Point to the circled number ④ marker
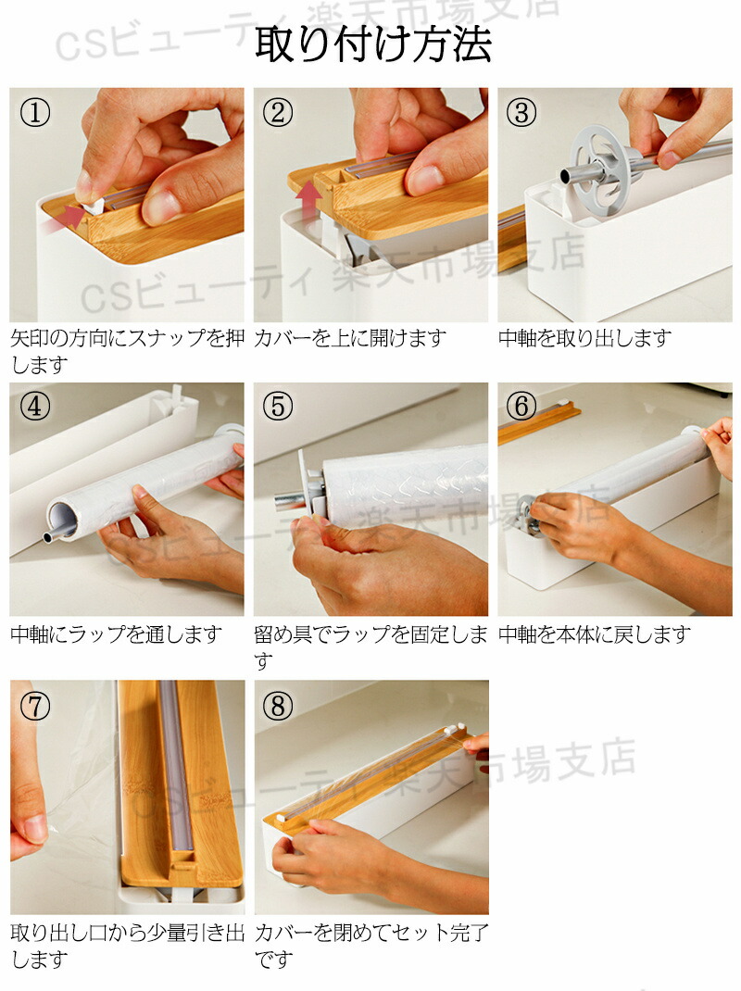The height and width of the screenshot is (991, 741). click(35, 407)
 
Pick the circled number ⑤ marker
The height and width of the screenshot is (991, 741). click(278, 407)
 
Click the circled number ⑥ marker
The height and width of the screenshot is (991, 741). click(521, 407)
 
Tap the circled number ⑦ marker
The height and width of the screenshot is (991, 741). click(35, 706)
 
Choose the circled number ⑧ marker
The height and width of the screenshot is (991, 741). click(278, 706)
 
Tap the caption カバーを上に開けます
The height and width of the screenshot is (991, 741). click(350, 339)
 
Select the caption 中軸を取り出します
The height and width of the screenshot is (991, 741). click(584, 339)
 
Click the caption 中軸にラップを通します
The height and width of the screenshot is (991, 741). click(117, 634)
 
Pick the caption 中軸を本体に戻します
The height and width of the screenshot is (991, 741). click(595, 634)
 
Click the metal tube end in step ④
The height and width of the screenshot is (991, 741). click(49, 538)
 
